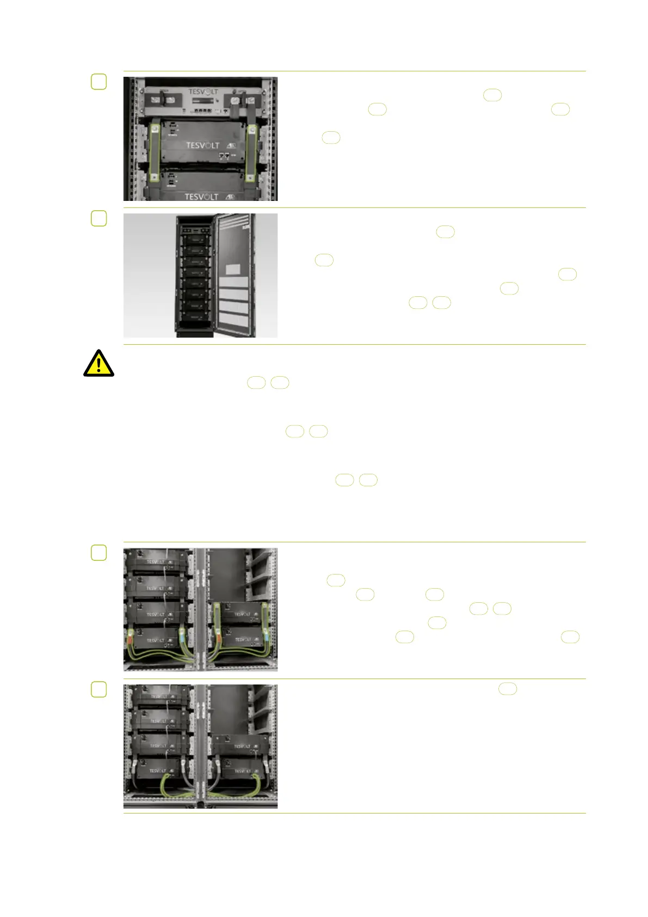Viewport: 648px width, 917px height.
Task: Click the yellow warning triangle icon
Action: pyautogui.click(x=98, y=363)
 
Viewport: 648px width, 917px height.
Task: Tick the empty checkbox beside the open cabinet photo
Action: pyautogui.click(x=98, y=218)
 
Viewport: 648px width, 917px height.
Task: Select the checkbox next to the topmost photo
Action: pyautogui.click(x=98, y=82)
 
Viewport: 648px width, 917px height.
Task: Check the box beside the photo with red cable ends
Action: pyautogui.click(x=98, y=553)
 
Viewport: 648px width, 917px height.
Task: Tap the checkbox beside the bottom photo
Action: pyautogui.click(x=98, y=689)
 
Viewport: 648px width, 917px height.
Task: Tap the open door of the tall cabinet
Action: pyautogui.click(x=234, y=272)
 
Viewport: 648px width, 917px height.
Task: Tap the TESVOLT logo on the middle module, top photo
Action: pyautogui.click(x=202, y=145)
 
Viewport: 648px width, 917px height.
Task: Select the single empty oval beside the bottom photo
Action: pyautogui.click(x=507, y=689)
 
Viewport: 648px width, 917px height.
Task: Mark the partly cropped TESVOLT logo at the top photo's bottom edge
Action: pyautogui.click(x=201, y=197)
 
